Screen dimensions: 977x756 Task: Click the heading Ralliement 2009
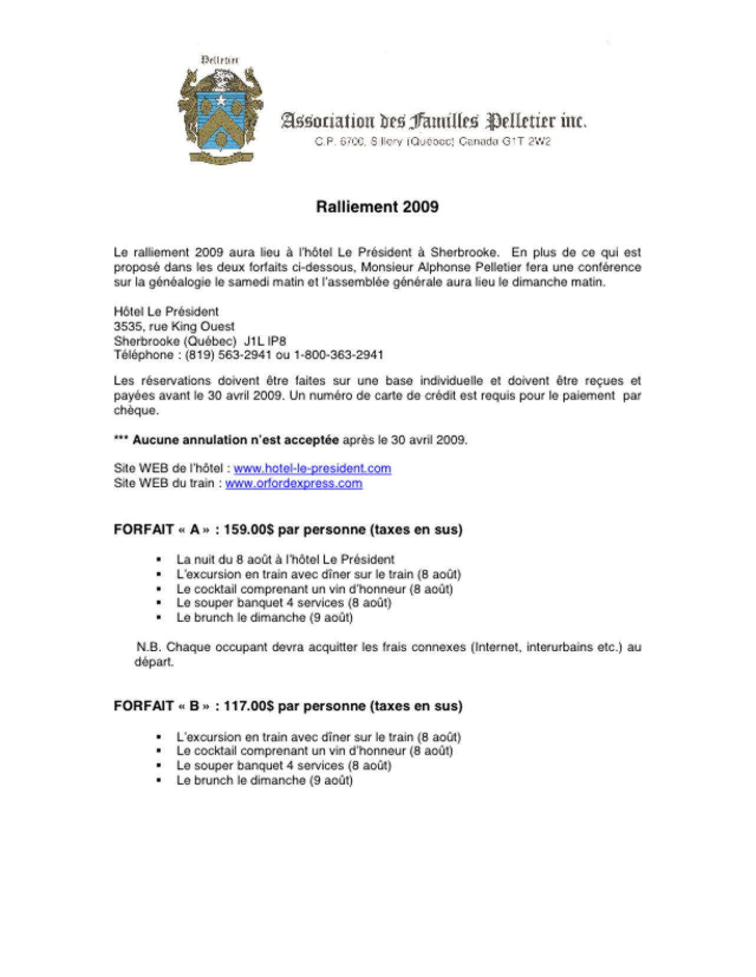click(377, 207)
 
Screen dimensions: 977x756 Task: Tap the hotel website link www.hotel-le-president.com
click(312, 468)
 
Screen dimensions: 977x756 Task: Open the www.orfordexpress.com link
click(294, 483)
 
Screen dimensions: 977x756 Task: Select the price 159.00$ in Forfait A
click(249, 530)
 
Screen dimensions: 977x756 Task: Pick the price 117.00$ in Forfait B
click(249, 706)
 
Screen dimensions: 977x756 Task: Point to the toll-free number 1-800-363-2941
click(338, 355)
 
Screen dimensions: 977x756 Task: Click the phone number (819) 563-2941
click(228, 355)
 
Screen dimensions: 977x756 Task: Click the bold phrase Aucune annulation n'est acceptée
click(235, 440)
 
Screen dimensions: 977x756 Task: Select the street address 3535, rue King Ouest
click(174, 326)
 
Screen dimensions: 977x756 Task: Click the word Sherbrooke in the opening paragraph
click(464, 253)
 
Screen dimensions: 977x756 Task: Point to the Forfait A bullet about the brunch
click(264, 618)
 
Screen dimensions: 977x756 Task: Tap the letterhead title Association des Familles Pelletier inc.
click(433, 121)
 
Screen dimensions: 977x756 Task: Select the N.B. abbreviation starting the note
click(148, 647)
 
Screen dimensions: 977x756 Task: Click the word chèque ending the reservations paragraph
click(136, 411)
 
